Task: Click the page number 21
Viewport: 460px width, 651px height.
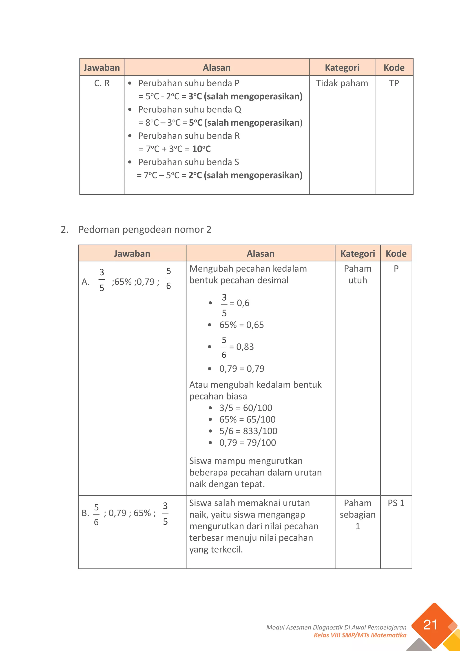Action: tap(430, 625)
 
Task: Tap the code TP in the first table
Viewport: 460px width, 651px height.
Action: tap(394, 83)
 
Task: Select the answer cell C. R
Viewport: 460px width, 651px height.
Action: tap(102, 83)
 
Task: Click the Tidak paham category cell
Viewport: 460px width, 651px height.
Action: tap(342, 83)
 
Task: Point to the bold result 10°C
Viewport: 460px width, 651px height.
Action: tap(201, 149)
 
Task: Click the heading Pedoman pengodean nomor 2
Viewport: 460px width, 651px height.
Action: tap(145, 229)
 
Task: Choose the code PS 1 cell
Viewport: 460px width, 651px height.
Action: tap(396, 503)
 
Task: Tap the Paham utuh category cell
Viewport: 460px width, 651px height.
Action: tap(357, 274)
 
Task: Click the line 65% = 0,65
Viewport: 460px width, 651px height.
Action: tap(241, 325)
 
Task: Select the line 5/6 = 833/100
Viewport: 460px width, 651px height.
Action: tap(248, 431)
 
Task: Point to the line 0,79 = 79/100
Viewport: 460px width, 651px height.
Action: tap(248, 443)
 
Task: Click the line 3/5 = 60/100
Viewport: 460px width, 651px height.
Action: tap(245, 408)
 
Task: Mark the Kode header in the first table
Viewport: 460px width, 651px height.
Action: tap(394, 67)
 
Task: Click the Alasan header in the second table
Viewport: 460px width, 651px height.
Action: tap(260, 254)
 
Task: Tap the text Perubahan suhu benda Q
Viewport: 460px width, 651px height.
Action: tap(190, 109)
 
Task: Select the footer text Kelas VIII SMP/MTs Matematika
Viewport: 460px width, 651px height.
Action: tap(360, 635)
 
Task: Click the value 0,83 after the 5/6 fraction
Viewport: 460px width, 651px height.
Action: tap(245, 346)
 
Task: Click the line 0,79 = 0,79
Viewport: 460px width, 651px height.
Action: tap(242, 369)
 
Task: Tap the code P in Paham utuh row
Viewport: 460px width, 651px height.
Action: tap(396, 268)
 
